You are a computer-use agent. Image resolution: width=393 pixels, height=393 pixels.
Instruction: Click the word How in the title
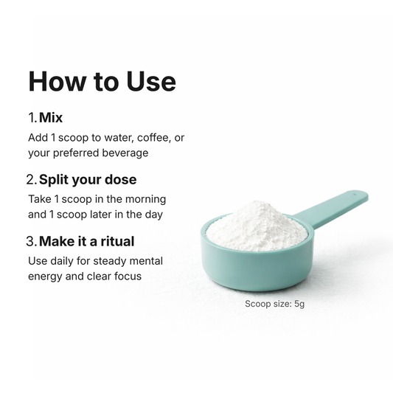point(56,81)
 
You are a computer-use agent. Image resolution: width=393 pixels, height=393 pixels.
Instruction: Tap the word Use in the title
point(151,81)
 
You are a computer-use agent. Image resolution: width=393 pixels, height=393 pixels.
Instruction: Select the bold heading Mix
point(51,117)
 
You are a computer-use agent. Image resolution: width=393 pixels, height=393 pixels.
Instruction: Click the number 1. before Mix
point(32,117)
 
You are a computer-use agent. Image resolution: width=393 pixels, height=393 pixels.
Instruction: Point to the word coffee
point(153,138)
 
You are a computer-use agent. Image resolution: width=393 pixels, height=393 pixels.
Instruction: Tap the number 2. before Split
point(32,179)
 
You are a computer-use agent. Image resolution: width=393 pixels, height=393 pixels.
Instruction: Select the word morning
point(145,200)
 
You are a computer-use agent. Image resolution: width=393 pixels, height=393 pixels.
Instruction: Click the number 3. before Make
point(32,241)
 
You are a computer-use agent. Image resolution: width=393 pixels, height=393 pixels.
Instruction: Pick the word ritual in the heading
point(117,241)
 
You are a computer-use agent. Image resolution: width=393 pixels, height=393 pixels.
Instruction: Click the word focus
point(128,277)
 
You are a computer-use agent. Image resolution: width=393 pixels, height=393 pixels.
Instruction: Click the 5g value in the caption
point(299,304)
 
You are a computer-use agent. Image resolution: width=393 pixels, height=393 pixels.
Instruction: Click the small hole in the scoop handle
point(355,194)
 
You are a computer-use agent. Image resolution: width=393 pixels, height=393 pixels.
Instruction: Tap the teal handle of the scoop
point(331,209)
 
